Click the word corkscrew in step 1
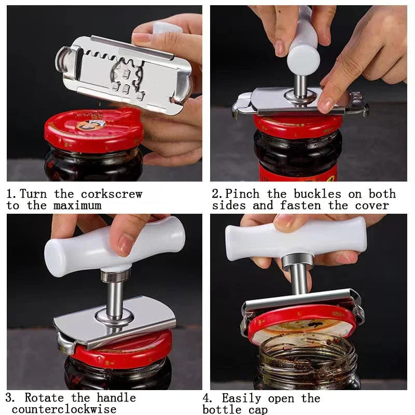pyautogui.click(x=111, y=194)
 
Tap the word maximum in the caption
pyautogui.click(x=77, y=205)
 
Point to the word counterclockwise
pyautogui.click(x=64, y=409)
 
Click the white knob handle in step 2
pyautogui.click(x=303, y=49)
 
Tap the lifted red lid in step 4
pyautogui.click(x=301, y=324)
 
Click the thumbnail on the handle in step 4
pyautogui.click(x=284, y=222)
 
